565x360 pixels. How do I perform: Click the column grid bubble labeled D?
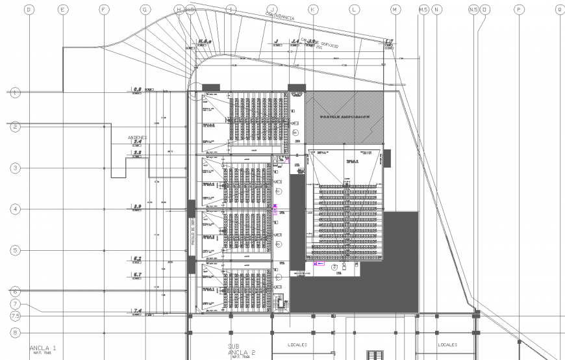(x=28, y=10)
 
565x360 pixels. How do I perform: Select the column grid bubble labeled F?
(x=103, y=10)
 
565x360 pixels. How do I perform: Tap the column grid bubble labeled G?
(x=145, y=10)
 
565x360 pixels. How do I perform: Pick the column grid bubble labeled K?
(x=313, y=10)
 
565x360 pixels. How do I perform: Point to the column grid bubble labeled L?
(x=354, y=10)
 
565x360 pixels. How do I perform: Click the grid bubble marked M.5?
(x=423, y=10)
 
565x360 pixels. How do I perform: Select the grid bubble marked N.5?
(x=473, y=10)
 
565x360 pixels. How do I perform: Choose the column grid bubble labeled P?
(x=518, y=10)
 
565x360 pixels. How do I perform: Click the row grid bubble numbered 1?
(x=16, y=93)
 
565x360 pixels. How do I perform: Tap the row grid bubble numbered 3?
(x=16, y=168)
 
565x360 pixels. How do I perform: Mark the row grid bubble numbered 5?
(x=16, y=250)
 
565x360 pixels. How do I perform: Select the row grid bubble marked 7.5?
(x=16, y=316)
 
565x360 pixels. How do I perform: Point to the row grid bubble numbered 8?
(x=16, y=332)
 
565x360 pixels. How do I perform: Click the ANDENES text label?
(x=138, y=138)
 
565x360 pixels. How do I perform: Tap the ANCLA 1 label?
(x=43, y=349)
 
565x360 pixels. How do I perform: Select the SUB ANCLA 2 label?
(x=241, y=350)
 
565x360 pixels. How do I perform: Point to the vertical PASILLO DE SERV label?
(x=193, y=231)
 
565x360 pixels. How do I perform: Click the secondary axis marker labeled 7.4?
(x=137, y=311)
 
